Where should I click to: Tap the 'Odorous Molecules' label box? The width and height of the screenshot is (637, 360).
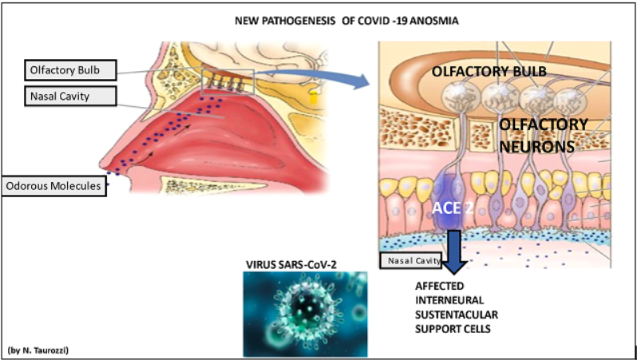click(x=53, y=186)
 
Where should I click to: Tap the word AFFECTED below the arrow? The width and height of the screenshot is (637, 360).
click(x=438, y=285)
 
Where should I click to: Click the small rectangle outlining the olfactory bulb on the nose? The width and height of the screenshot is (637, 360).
click(x=229, y=81)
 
